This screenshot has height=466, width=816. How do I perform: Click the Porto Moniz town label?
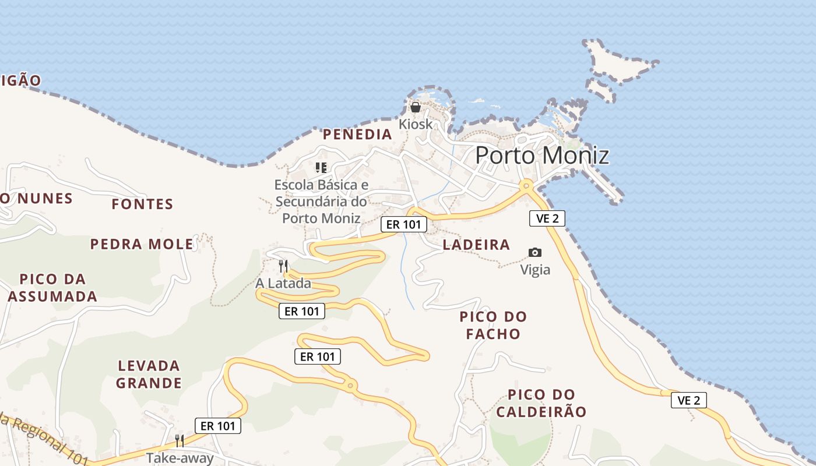[x=542, y=156]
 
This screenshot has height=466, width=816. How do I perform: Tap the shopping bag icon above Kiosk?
[x=416, y=107]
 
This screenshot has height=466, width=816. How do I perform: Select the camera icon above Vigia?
[x=534, y=252]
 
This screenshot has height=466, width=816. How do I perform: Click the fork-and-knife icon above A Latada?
[x=283, y=266]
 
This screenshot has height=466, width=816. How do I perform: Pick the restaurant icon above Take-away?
[x=180, y=440]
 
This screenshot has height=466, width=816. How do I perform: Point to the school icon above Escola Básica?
[x=321, y=168]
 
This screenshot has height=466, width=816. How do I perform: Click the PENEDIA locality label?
[x=357, y=135]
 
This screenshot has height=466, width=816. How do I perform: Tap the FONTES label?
[x=142, y=204]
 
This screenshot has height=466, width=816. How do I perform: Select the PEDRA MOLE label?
[x=142, y=244]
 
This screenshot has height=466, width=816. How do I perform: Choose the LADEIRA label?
[x=476, y=245]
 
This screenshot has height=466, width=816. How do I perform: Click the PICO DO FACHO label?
[x=493, y=325]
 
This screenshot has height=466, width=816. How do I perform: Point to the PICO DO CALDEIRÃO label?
[x=541, y=403]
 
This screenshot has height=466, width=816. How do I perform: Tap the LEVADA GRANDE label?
[x=149, y=375]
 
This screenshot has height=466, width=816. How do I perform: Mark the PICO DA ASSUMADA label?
[x=52, y=288]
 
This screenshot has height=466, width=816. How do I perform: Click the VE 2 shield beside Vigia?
[x=547, y=218]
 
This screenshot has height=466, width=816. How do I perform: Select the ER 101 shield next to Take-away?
[x=217, y=426]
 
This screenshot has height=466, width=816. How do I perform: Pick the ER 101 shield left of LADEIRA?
[x=404, y=224]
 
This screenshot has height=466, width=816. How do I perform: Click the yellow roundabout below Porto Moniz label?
[x=526, y=185]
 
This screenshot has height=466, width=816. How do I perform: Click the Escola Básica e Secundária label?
[x=322, y=202]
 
